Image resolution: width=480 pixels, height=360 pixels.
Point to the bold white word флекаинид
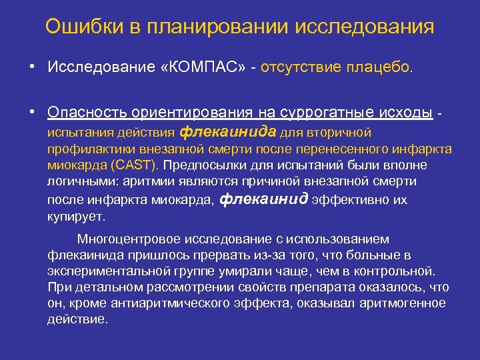click(x=263, y=199)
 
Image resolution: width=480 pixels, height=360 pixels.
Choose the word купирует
click(x=76, y=217)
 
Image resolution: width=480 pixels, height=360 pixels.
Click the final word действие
click(x=77, y=319)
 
